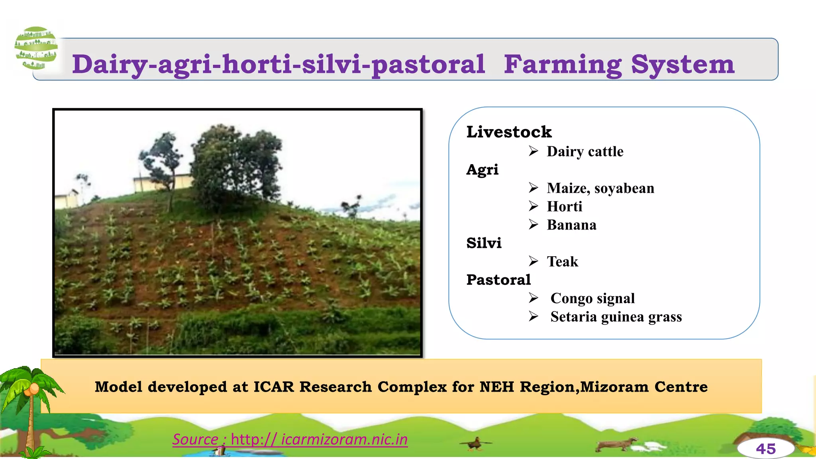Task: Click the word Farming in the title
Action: coord(563,65)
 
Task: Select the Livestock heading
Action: coord(509,132)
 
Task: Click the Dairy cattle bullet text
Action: coord(585,151)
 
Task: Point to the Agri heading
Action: coord(482,169)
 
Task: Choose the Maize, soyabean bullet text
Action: coord(600,188)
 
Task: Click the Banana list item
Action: coord(571,225)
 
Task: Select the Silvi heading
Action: coord(484,243)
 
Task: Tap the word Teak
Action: coord(562,261)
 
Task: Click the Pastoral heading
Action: coord(498,280)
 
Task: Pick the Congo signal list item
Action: coord(592,298)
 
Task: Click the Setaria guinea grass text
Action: coord(616,317)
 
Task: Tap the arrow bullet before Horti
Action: coord(534,206)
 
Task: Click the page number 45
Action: coord(765,449)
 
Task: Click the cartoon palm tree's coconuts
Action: coord(32,389)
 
